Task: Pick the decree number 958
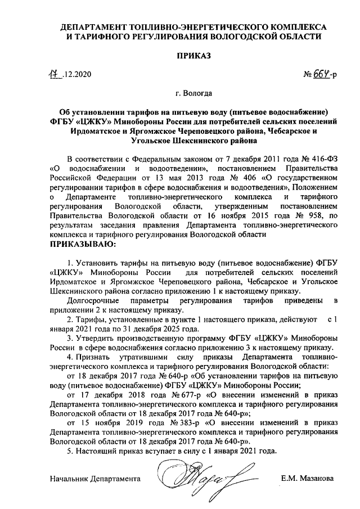(x=311, y=216)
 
